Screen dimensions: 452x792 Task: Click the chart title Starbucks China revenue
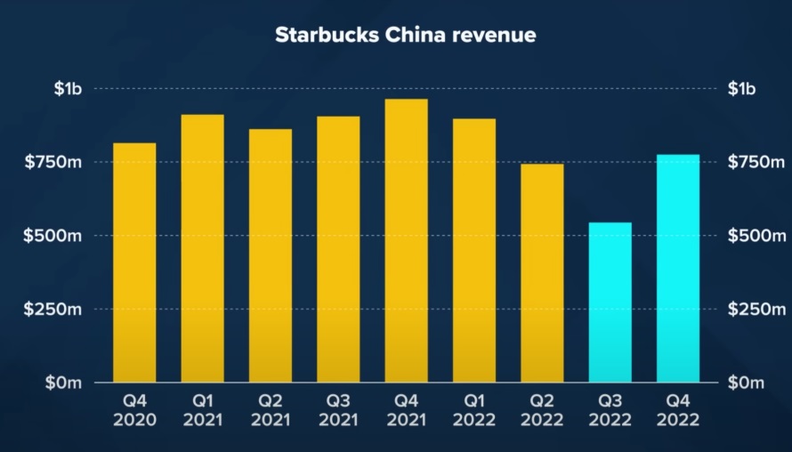coord(405,36)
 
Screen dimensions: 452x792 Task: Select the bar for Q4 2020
coord(134,262)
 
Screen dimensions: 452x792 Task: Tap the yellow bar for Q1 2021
coord(202,249)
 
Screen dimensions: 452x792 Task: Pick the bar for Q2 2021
coord(271,256)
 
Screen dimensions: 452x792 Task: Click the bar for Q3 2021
coord(338,249)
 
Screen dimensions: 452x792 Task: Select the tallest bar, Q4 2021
coord(406,240)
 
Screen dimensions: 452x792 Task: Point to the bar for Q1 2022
coord(474,251)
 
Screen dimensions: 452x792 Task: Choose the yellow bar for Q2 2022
coord(542,273)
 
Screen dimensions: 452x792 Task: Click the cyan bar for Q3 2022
coord(610,303)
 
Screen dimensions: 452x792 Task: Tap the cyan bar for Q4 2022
coord(678,269)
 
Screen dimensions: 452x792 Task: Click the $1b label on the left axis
coord(68,89)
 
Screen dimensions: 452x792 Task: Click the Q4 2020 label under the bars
coord(134,410)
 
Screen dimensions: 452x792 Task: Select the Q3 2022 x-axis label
coord(610,410)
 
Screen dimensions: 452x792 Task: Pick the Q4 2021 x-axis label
coord(406,410)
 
